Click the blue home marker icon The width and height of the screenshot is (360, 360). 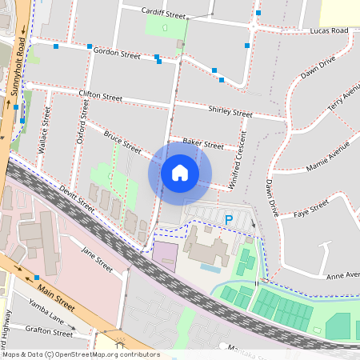180,172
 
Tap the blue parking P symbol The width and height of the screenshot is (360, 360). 229,219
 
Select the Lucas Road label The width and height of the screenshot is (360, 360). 330,30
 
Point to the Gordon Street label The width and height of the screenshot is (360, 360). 117,53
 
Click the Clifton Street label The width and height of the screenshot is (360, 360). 101,96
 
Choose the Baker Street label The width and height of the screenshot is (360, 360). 203,144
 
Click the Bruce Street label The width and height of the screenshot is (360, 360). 122,144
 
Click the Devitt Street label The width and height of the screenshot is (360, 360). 77,199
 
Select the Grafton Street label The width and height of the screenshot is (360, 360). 48,330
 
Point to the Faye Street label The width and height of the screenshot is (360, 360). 312,210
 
